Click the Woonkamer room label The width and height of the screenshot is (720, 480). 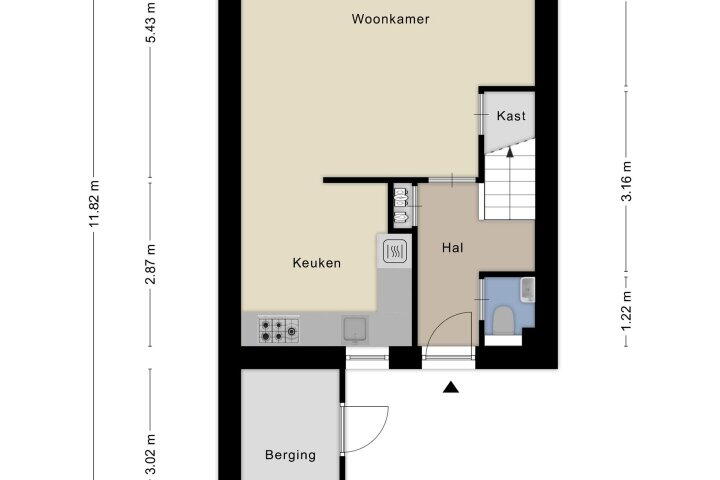tap(390, 19)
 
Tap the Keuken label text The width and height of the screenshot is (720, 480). tap(317, 263)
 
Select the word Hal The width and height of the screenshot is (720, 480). tap(452, 248)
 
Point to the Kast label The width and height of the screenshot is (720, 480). tap(511, 115)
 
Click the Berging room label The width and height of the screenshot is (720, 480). tap(290, 455)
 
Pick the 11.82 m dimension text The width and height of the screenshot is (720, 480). tap(94, 203)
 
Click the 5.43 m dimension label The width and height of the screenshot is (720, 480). tap(151, 23)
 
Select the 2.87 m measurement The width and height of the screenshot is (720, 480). tap(151, 264)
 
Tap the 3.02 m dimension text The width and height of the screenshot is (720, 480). tap(151, 455)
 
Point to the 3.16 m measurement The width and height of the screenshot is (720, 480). tap(626, 181)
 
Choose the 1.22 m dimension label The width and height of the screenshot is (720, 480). tap(626, 311)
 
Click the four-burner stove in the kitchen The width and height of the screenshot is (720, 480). tap(278, 331)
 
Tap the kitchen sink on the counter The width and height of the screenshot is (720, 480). tap(355, 330)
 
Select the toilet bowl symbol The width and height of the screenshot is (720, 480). tap(502, 320)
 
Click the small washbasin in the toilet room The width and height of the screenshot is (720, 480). tap(528, 290)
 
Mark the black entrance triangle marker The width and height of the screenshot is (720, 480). tap(451, 388)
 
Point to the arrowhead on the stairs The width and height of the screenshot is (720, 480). tap(510, 152)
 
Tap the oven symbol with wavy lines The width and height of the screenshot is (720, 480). tap(395, 251)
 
